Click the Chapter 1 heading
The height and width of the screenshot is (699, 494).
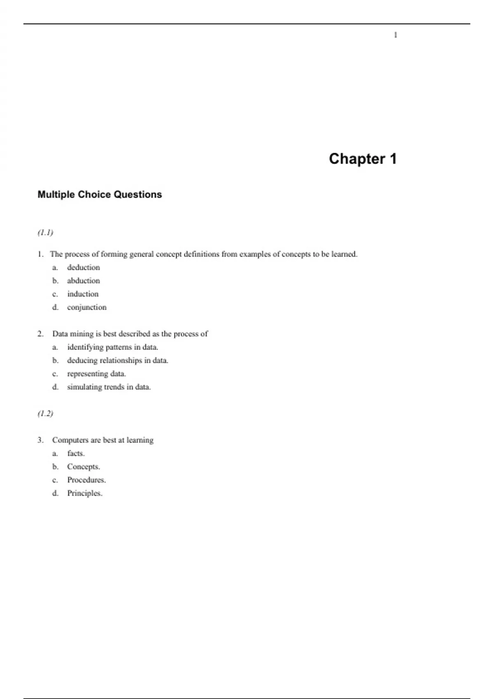[x=363, y=159]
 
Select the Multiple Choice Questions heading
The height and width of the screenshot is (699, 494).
[x=100, y=194]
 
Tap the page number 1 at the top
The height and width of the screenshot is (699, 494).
[x=396, y=35]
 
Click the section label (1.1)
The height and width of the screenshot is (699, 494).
[x=45, y=233]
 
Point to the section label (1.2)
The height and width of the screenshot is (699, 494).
[x=45, y=414]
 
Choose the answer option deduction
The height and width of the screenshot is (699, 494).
[x=84, y=268]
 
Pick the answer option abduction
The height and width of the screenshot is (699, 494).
[x=84, y=281]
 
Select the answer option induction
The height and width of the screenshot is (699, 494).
[x=83, y=294]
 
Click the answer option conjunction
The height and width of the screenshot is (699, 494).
[x=87, y=308]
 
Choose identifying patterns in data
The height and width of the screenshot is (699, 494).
[x=112, y=347]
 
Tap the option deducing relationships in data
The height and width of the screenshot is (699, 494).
[x=118, y=361]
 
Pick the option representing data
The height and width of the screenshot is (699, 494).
[x=96, y=374]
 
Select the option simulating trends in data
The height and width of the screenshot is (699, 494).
[x=109, y=387]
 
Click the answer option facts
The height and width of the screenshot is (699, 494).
[x=76, y=454]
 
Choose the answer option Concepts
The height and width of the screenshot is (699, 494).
[x=84, y=467]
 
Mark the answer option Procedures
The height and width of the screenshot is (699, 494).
[x=86, y=480]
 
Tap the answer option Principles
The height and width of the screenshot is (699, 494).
[x=85, y=493]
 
